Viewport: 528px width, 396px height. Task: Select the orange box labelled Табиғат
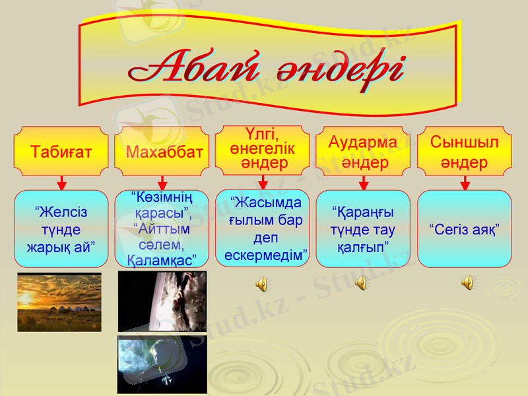pos(61,151)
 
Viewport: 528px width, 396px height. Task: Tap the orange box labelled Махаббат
pos(162,151)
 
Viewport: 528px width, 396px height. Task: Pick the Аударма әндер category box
pos(363,151)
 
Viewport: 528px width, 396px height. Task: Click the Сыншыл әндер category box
pos(465,151)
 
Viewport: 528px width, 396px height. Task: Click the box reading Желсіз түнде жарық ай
pos(61,229)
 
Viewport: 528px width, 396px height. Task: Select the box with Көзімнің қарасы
pos(162,229)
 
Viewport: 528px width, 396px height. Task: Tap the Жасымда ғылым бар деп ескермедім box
pos(263,229)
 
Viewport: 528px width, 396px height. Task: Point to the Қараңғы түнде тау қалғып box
pos(363,229)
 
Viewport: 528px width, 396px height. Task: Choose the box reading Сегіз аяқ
pos(465,229)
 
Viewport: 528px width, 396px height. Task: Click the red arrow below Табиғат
pos(61,183)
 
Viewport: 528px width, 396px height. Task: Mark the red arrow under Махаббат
pos(162,183)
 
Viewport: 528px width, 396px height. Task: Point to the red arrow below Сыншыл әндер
pos(465,183)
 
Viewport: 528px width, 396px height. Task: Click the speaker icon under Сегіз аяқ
pos(467,283)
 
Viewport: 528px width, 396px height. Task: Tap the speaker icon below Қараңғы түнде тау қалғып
pos(361,283)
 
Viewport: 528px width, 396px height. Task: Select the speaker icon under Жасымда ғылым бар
pos(261,284)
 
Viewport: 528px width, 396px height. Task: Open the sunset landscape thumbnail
pos(59,302)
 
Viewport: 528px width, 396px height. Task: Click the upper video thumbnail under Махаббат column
pos(162,301)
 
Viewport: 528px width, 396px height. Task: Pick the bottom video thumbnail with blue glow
pos(162,364)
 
